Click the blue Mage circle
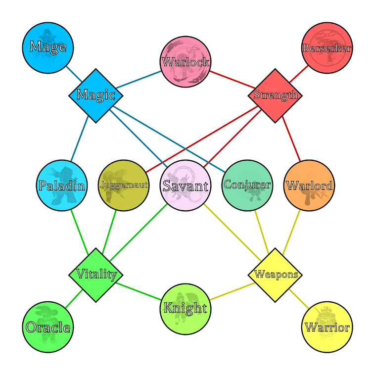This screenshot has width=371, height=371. [x=48, y=47]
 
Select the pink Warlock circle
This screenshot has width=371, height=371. [x=185, y=62]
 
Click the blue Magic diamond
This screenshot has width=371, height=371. [x=95, y=95]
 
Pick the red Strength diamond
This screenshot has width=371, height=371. [x=275, y=95]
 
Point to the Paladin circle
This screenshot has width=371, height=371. [x=62, y=185]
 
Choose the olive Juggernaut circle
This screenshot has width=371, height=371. [x=124, y=185]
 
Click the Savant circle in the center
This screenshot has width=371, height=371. [x=185, y=185]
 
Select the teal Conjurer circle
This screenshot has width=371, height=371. [x=247, y=185]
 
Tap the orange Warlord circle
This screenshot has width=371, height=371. [x=309, y=185]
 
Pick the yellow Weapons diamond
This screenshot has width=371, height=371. [x=276, y=274]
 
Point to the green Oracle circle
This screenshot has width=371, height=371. [x=48, y=326]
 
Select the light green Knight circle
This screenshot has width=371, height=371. [x=185, y=308]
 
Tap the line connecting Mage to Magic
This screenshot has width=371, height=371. [x=74, y=74]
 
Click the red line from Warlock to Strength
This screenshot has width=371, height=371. [x=231, y=78]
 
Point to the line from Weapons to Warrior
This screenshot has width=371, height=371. [x=298, y=297]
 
